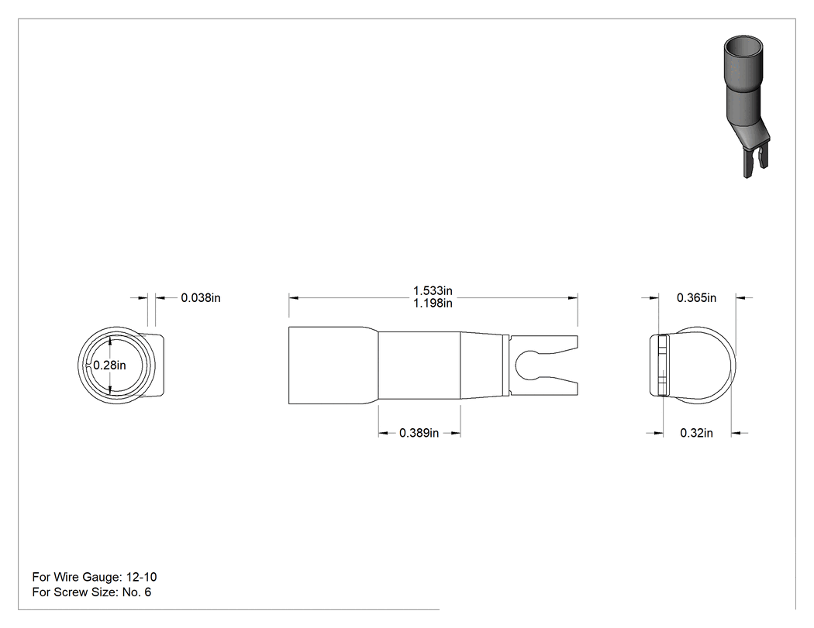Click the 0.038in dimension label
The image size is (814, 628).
tap(200, 297)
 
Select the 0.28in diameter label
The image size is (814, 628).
tap(109, 365)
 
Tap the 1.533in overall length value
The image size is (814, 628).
tap(433, 290)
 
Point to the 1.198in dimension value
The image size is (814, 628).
tap(433, 303)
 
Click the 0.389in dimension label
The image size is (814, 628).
tap(419, 433)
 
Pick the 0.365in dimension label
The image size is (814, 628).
tap(696, 297)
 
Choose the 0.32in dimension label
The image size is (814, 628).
tap(696, 433)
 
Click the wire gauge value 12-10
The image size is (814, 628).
tap(140, 577)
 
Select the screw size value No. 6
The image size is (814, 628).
tap(136, 592)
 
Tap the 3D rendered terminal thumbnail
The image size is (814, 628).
tap(746, 106)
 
